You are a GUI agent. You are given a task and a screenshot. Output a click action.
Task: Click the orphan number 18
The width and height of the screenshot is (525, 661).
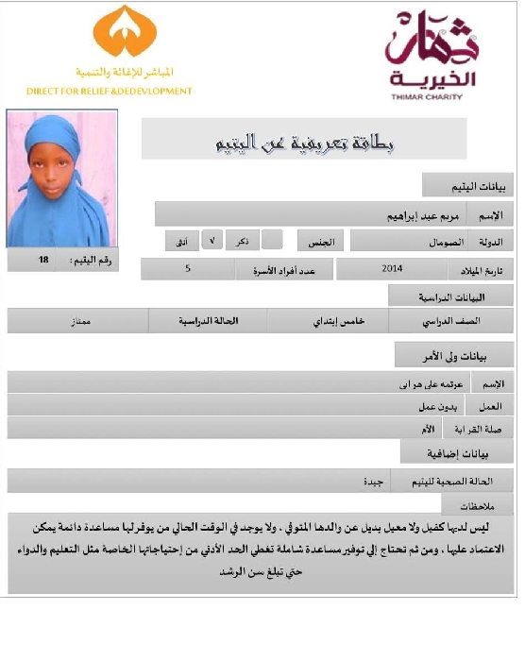(43, 259)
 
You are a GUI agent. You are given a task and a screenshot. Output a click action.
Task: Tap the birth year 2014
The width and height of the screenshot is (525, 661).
(393, 269)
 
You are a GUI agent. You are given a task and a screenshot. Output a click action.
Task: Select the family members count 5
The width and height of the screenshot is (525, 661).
(188, 269)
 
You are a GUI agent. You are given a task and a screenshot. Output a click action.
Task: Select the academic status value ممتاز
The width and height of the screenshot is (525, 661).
(67, 321)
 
